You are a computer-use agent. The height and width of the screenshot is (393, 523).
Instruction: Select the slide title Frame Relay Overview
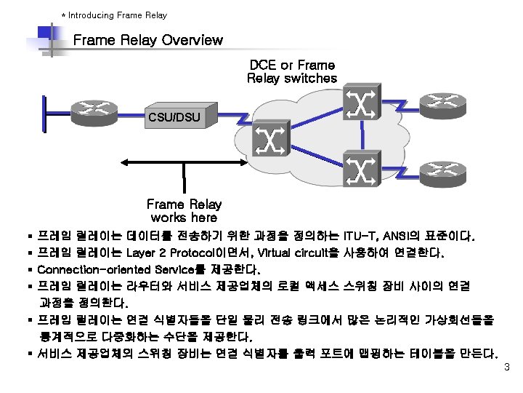click(148, 40)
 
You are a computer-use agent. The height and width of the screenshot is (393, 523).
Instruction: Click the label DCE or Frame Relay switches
click(292, 71)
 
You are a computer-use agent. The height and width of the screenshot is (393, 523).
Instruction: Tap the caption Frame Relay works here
click(184, 211)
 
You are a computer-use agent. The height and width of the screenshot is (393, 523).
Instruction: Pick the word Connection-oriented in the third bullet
click(84, 270)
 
